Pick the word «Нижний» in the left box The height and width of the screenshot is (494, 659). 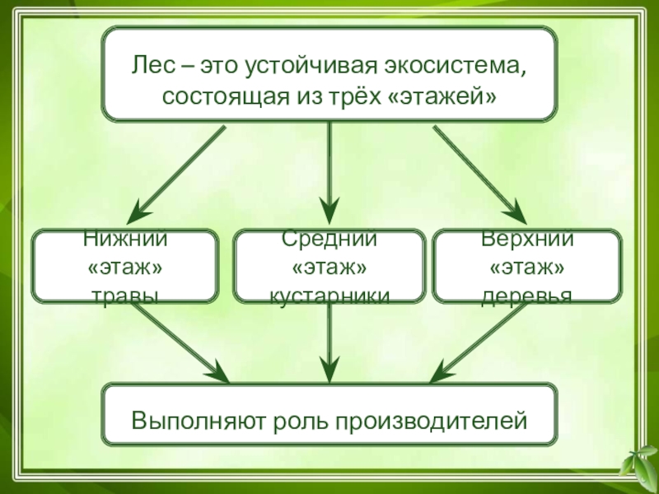[x=125, y=240]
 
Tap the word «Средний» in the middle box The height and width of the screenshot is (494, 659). [x=329, y=240]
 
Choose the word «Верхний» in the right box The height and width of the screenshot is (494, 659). [x=527, y=240]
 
